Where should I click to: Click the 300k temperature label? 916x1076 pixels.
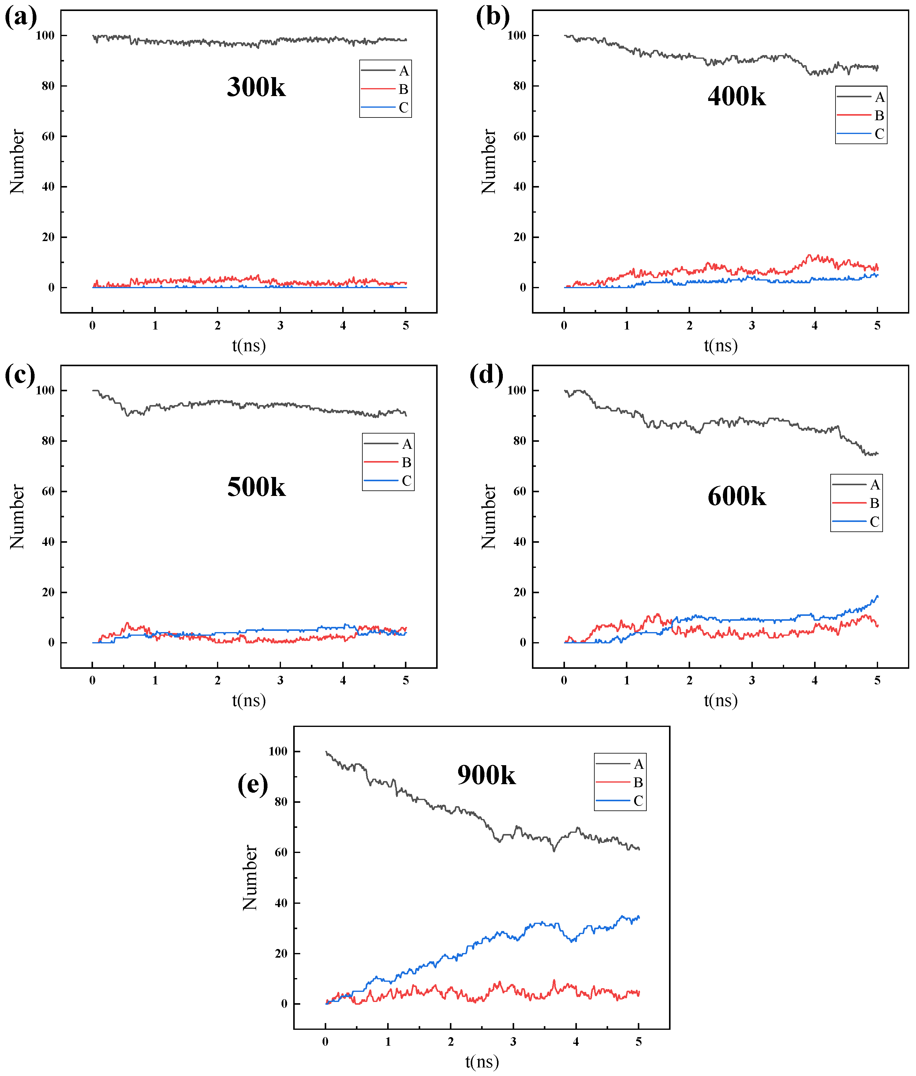256,87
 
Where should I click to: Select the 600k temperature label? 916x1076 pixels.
736,496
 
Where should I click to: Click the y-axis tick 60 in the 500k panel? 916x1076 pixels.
48,491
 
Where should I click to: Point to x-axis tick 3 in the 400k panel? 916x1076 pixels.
752,326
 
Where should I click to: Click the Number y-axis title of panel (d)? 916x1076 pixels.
489,516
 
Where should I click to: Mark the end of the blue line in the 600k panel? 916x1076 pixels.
877,596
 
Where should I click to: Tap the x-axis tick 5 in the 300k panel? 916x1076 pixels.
406,326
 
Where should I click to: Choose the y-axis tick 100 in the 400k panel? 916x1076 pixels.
517,35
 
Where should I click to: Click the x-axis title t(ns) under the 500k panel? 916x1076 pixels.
249,701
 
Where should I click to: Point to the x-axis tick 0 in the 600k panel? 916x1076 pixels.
564,680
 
